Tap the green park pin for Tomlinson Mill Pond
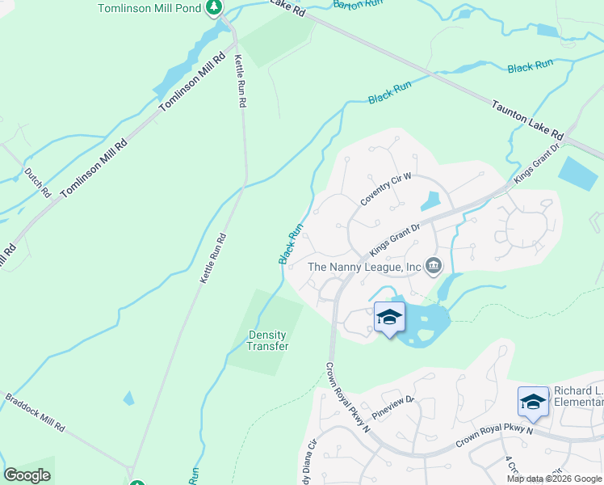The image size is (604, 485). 213,8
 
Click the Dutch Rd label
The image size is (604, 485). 37,183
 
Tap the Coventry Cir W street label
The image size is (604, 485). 387,188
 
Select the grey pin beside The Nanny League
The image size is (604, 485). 434,266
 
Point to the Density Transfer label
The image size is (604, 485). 268,340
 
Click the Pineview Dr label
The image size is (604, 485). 392,408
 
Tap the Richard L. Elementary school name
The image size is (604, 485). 578,397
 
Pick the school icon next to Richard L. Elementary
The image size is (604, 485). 533,402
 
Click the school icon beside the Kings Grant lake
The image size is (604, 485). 389,318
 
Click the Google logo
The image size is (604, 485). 27,475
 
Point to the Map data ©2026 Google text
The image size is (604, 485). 555,479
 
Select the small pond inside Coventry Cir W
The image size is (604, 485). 430,201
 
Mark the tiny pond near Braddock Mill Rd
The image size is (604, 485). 128,399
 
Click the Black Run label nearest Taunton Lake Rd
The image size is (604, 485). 531,66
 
